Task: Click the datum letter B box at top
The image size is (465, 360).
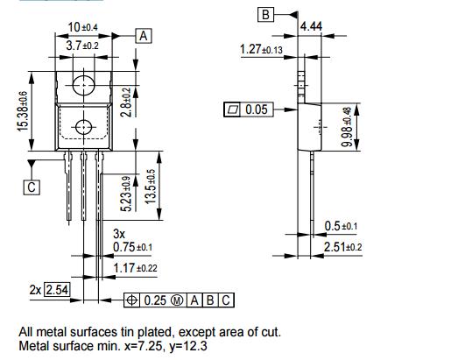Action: pyautogui.click(x=265, y=14)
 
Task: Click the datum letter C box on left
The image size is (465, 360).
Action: pyautogui.click(x=32, y=187)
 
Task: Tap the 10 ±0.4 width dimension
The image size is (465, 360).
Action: pyautogui.click(x=84, y=28)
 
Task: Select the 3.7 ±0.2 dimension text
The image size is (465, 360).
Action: pyautogui.click(x=84, y=45)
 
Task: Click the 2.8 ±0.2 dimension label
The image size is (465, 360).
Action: pyautogui.click(x=127, y=102)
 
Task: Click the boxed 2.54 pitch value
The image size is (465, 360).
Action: pyautogui.click(x=56, y=289)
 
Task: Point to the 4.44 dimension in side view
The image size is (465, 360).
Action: pyautogui.click(x=311, y=28)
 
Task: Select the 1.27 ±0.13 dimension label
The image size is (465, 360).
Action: pyautogui.click(x=261, y=50)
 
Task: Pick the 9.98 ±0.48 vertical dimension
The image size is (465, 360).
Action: pyautogui.click(x=347, y=128)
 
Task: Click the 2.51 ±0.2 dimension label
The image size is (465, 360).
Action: pyautogui.click(x=342, y=248)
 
